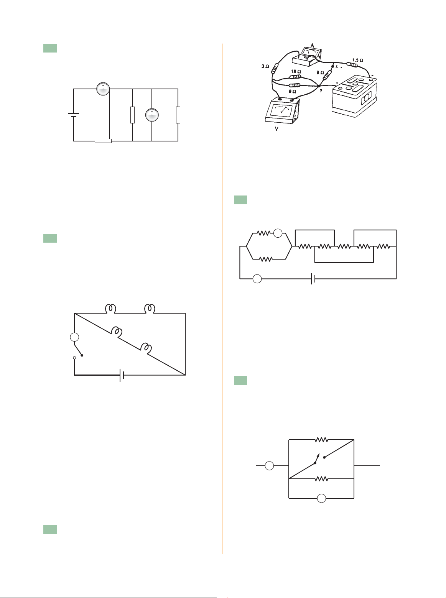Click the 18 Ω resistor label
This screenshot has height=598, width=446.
tap(296, 71)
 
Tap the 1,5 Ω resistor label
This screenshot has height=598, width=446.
tap(357, 60)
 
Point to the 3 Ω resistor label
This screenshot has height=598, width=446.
tap(265, 66)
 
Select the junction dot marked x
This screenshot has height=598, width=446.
tap(332, 66)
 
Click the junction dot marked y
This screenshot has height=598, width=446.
tap(318, 86)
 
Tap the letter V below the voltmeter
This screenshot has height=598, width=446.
tap(276, 129)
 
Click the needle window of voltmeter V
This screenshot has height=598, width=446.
tap(281, 111)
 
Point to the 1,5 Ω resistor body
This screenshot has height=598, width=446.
tap(352, 65)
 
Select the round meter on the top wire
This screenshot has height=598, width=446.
tap(103, 89)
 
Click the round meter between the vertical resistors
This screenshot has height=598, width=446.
tap(152, 115)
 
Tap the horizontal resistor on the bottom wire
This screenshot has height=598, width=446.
tap(103, 141)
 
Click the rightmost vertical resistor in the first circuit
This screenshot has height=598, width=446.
tap(178, 115)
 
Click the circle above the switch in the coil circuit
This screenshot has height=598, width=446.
tap(74, 337)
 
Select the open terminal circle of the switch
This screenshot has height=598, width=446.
tap(74, 358)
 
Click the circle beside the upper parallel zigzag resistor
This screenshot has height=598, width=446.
tap(278, 233)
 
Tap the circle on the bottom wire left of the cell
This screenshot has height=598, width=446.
tap(257, 279)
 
